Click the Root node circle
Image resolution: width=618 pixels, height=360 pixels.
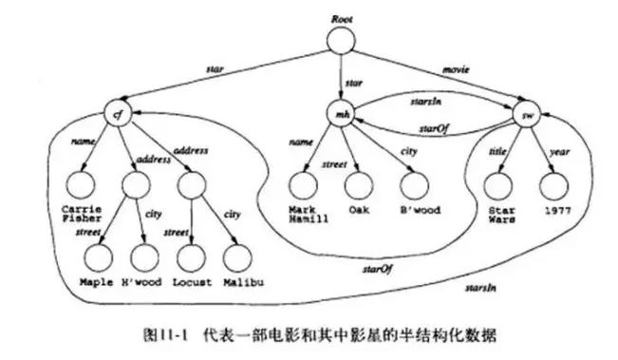343,39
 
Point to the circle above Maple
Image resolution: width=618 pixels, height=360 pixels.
96,256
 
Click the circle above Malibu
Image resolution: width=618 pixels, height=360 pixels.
241,256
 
